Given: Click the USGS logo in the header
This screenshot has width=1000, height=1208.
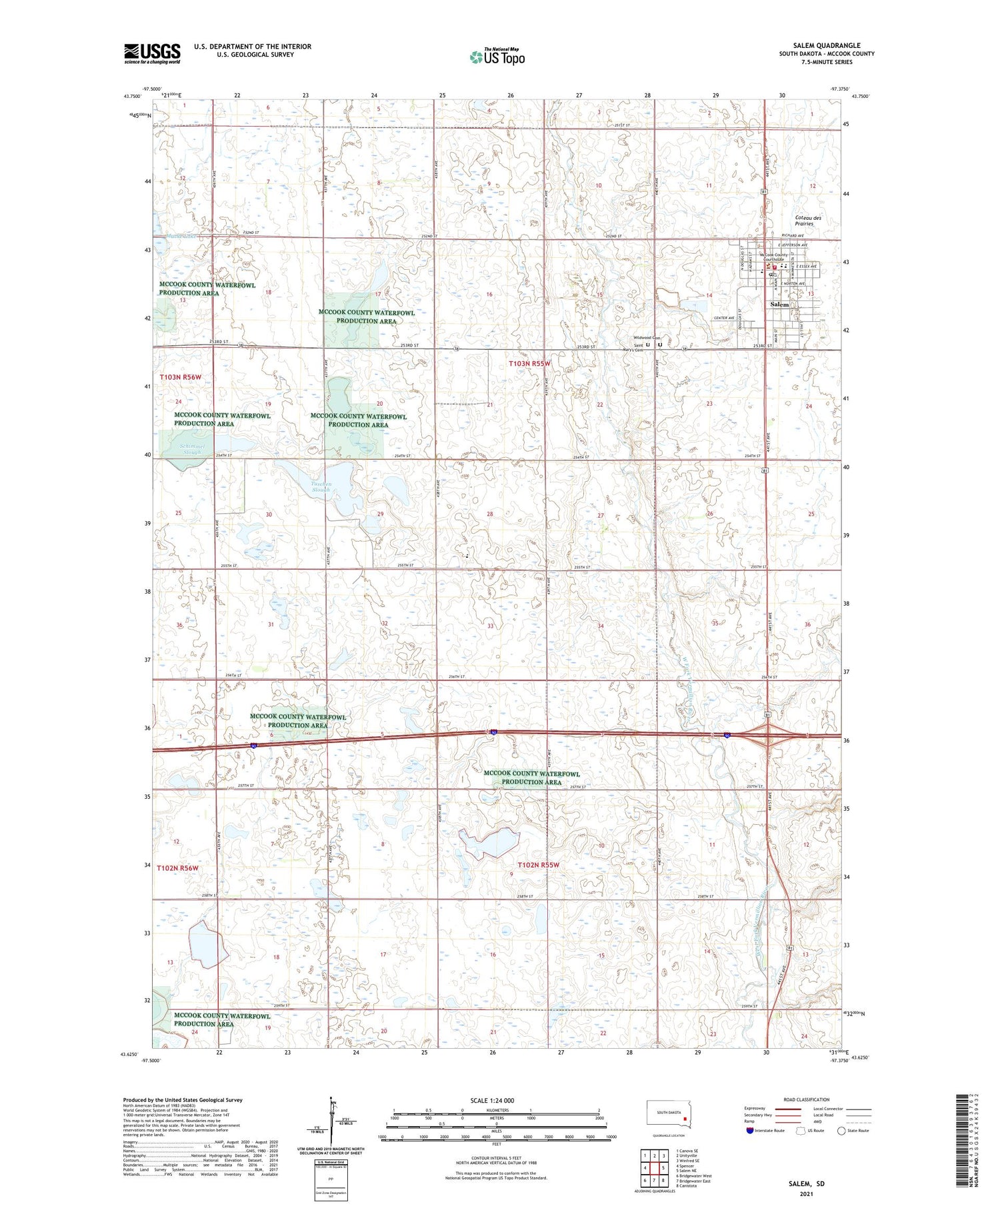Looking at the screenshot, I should click(152, 53).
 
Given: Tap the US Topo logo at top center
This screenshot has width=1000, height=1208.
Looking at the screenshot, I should click(497, 57).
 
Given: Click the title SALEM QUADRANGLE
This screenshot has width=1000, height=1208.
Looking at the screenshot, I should click(826, 45).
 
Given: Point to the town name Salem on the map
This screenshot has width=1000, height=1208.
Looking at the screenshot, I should click(779, 304).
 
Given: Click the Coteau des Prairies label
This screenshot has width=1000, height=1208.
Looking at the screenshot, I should click(808, 221).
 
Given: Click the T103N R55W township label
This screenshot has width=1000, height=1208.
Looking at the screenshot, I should click(530, 364).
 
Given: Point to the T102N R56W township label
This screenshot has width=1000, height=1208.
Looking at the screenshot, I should click(178, 868).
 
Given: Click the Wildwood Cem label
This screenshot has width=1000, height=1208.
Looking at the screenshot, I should click(646, 338).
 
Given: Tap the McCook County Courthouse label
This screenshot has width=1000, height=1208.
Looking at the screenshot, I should click(773, 257).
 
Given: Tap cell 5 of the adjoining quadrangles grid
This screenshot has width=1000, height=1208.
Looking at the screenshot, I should click(663, 1168).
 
